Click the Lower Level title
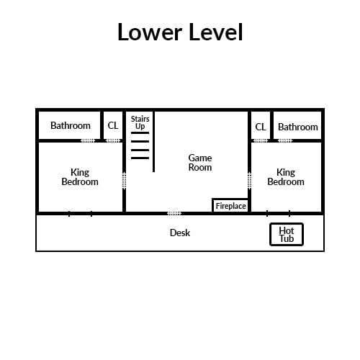[180, 32]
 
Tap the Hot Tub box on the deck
[287, 235]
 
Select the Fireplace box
[230, 206]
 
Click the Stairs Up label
[140, 122]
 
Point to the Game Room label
[200, 163]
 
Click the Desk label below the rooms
[180, 233]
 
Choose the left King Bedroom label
[80, 177]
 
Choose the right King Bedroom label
[286, 177]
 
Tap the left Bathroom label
[71, 125]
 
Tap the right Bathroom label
[298, 127]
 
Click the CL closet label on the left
[113, 125]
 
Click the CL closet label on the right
[261, 127]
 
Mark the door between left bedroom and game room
[124, 181]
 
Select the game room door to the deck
[174, 213]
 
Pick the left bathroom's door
[88, 140]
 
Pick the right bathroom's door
[285, 140]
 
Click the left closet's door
[113, 140]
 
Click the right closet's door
[261, 140]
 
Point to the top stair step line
[140, 132]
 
